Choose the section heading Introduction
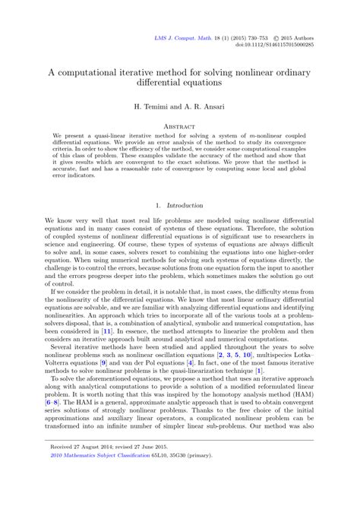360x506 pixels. click(x=185, y=204)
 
